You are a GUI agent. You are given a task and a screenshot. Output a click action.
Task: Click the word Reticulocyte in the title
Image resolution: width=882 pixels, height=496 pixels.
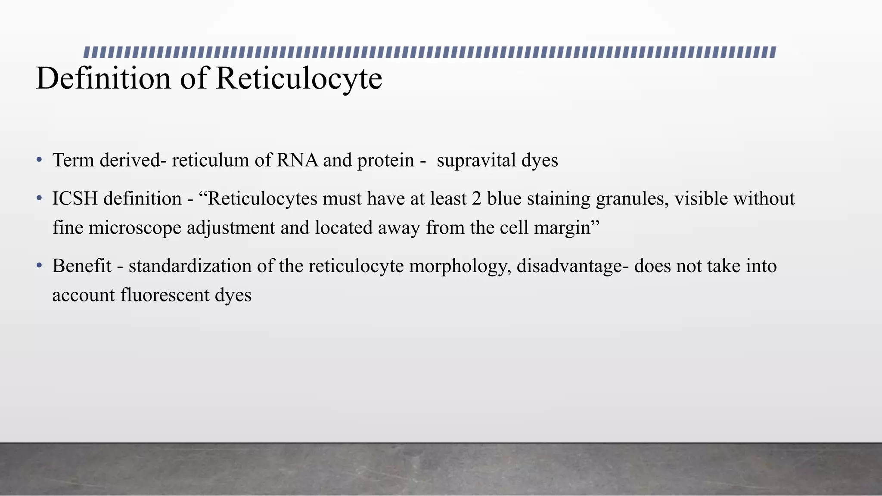pos(299,78)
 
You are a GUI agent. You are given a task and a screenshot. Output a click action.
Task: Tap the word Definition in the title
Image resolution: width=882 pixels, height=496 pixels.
pos(103,78)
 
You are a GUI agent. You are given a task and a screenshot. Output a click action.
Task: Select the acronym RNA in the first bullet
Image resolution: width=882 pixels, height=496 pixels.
pos(297,160)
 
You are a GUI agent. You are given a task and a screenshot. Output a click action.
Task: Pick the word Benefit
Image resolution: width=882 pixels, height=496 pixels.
pos(82,266)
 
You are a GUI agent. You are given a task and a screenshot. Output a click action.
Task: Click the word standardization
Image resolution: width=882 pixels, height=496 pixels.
pos(190,266)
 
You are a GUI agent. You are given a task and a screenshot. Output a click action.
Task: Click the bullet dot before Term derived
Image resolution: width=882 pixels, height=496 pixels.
pos(39,160)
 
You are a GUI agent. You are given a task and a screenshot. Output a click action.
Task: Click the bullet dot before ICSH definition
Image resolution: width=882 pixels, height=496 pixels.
pos(39,198)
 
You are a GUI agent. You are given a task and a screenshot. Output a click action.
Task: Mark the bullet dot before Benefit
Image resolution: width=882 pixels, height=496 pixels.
pos(39,266)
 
